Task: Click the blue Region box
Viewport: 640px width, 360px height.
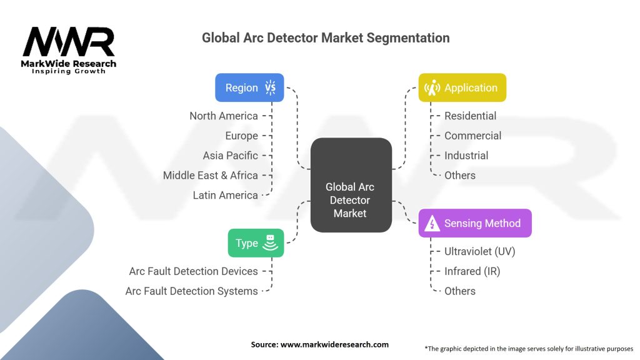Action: click(x=249, y=87)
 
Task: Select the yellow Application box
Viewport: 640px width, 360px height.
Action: click(x=462, y=87)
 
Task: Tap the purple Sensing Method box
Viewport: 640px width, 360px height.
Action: click(x=475, y=223)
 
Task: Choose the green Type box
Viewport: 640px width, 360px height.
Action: click(x=256, y=243)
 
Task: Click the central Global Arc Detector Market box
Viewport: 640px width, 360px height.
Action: click(x=351, y=185)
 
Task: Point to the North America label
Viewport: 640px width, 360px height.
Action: click(x=224, y=116)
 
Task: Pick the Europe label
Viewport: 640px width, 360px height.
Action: click(x=242, y=136)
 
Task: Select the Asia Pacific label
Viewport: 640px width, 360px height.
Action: click(x=231, y=156)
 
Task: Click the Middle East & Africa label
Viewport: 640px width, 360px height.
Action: click(x=211, y=176)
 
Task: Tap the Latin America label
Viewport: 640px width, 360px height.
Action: click(x=225, y=195)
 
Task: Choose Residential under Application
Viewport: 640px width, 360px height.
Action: click(x=470, y=116)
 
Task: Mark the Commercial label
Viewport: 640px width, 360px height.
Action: click(x=472, y=136)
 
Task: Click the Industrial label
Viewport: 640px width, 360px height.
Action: click(x=466, y=156)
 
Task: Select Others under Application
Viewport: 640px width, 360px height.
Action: click(x=460, y=176)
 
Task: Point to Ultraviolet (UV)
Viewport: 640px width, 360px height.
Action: click(x=479, y=251)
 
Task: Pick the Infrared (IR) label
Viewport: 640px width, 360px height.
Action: click(x=472, y=271)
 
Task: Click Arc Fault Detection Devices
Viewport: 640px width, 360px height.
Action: click(x=194, y=271)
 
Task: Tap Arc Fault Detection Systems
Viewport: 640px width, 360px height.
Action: click(x=191, y=291)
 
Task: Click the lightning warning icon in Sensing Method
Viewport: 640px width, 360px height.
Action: click(x=432, y=224)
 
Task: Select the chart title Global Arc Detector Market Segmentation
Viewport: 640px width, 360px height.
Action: click(x=326, y=38)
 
